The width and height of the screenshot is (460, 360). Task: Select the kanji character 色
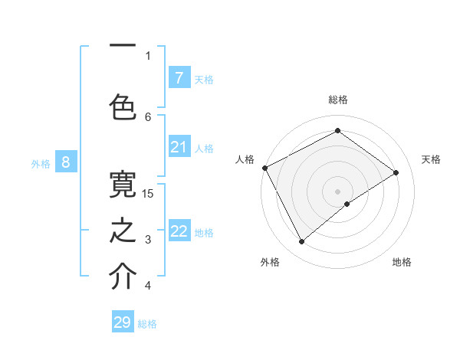[x=123, y=106]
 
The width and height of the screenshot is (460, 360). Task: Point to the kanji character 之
[x=123, y=231]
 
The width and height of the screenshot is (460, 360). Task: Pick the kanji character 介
[x=123, y=277]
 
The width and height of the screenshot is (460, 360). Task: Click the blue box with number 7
[x=179, y=78]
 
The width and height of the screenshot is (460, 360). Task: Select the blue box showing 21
[x=179, y=147]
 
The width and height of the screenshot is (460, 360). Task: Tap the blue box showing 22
[x=179, y=231]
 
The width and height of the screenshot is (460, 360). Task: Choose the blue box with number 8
[x=66, y=162]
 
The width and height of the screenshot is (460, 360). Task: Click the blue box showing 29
[x=123, y=322]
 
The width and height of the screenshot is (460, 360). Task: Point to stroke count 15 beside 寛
[x=148, y=193]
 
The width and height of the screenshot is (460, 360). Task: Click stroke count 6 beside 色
[x=148, y=116]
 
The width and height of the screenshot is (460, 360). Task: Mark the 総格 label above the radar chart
[x=337, y=100]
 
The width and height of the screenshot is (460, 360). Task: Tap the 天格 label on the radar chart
[x=431, y=159]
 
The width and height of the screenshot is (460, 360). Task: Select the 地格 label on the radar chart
[x=402, y=262]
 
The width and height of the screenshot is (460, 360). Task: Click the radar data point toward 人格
[x=264, y=168]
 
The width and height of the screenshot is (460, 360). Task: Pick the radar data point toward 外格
[x=301, y=242]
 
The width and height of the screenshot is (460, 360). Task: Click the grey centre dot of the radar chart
[x=337, y=190]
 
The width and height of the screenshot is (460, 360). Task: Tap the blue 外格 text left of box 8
[x=40, y=163]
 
